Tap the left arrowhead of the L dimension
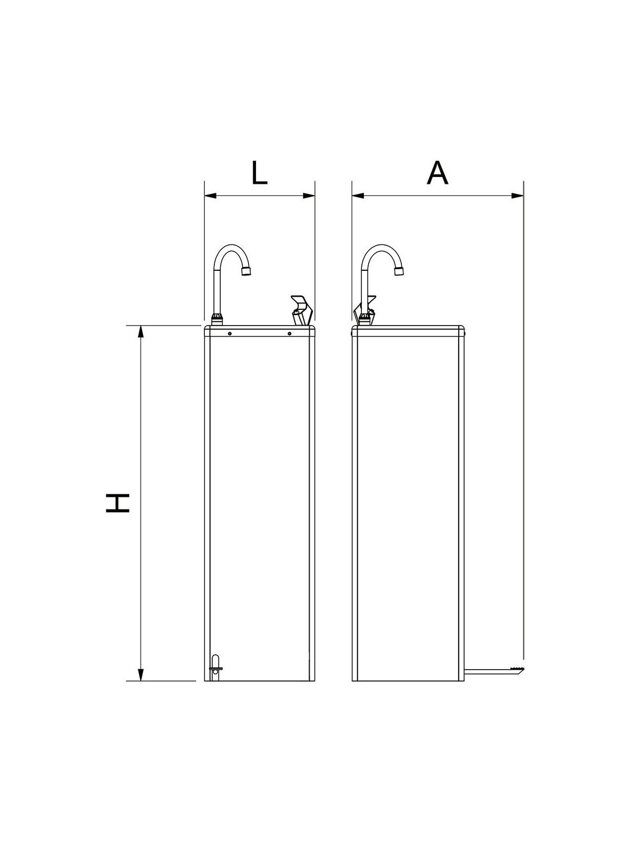coord(211,196)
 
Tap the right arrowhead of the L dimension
coord(309,196)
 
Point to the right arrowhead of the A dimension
coord(518,196)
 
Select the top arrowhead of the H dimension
coord(141,332)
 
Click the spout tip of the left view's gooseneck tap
coord(246,271)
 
